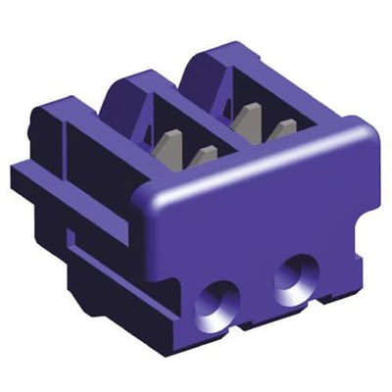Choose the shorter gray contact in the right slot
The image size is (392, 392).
[x=283, y=130]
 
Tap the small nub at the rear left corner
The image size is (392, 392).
[x=40, y=123]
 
